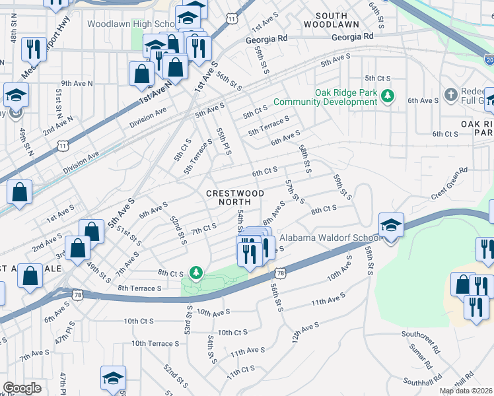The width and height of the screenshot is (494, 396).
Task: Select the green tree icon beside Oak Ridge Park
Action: click(388, 97)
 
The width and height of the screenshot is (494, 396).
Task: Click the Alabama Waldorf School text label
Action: click(330, 238)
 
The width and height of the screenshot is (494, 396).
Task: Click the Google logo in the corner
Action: click(22, 388)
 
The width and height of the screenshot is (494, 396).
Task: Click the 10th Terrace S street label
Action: click(155, 343)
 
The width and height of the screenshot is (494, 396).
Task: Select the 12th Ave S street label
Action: click(302, 328)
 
